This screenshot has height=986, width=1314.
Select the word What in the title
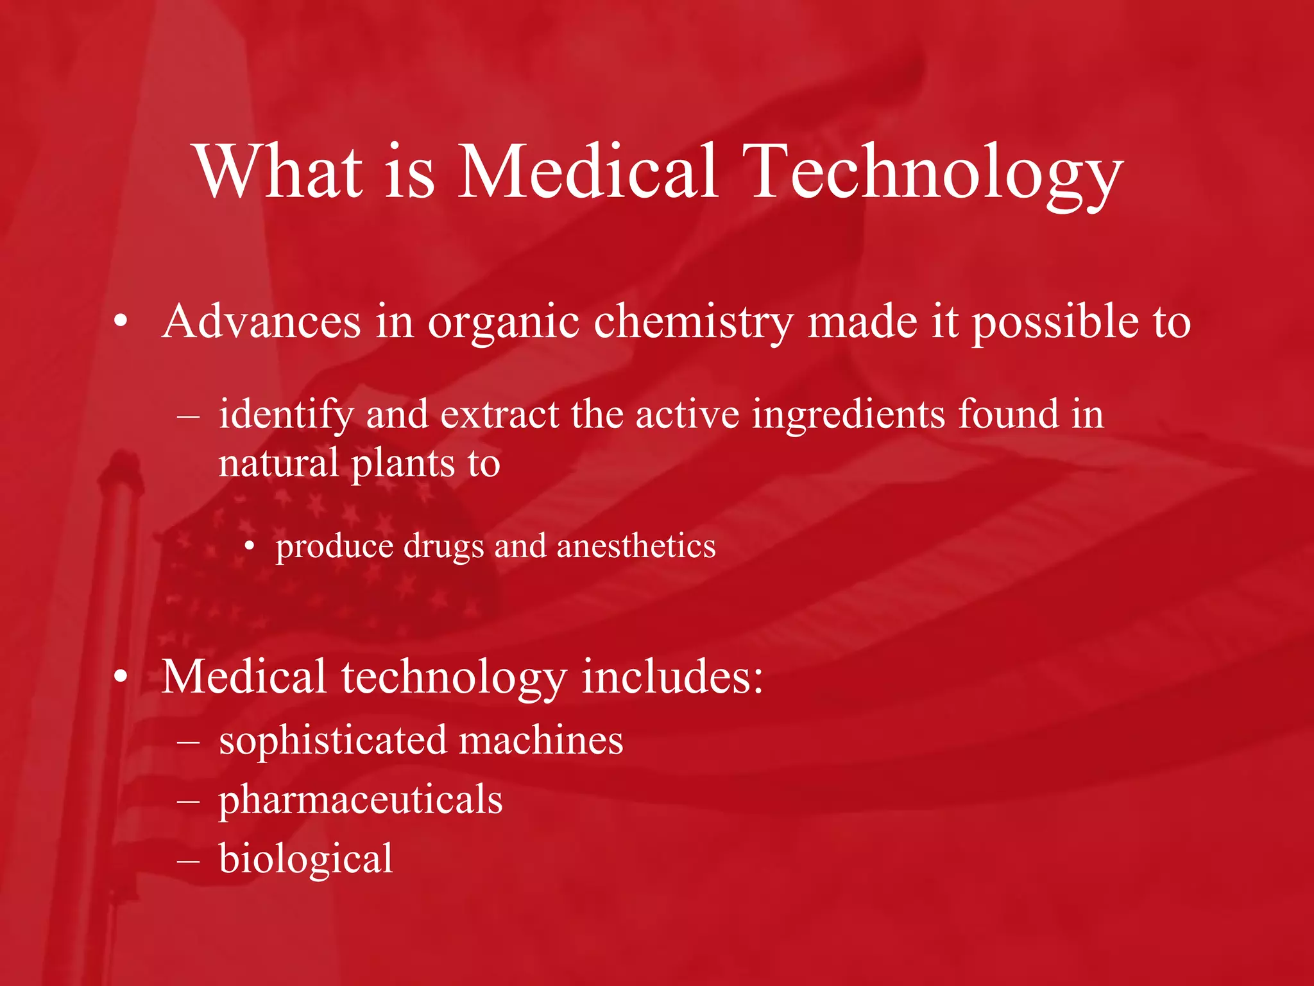pyautogui.click(x=280, y=171)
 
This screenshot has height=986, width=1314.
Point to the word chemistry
pyautogui.click(x=693, y=322)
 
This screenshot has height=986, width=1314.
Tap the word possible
pyautogui.click(x=1055, y=322)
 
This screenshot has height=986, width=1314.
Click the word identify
pyautogui.click(x=286, y=415)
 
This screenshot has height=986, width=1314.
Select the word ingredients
pyautogui.click(x=848, y=415)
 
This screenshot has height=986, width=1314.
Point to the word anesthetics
pyautogui.click(x=636, y=546)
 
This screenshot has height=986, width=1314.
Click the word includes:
pyautogui.click(x=672, y=677)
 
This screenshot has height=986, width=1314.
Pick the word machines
pyautogui.click(x=541, y=740)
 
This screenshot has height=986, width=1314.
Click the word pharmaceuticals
pyautogui.click(x=361, y=800)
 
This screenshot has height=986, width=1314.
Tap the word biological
pyautogui.click(x=305, y=860)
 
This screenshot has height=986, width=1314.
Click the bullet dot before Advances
pyautogui.click(x=121, y=323)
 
